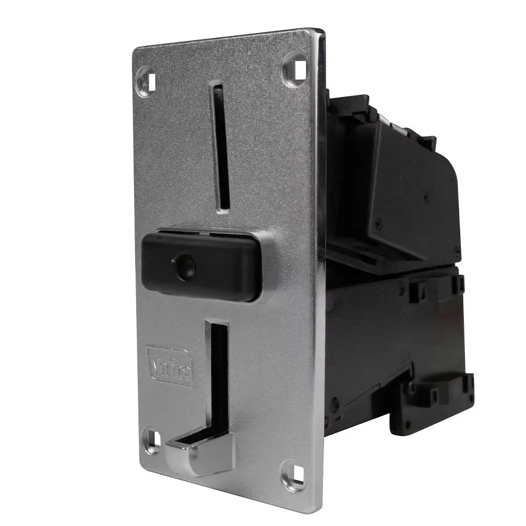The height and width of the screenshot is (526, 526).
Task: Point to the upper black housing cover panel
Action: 410,200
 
